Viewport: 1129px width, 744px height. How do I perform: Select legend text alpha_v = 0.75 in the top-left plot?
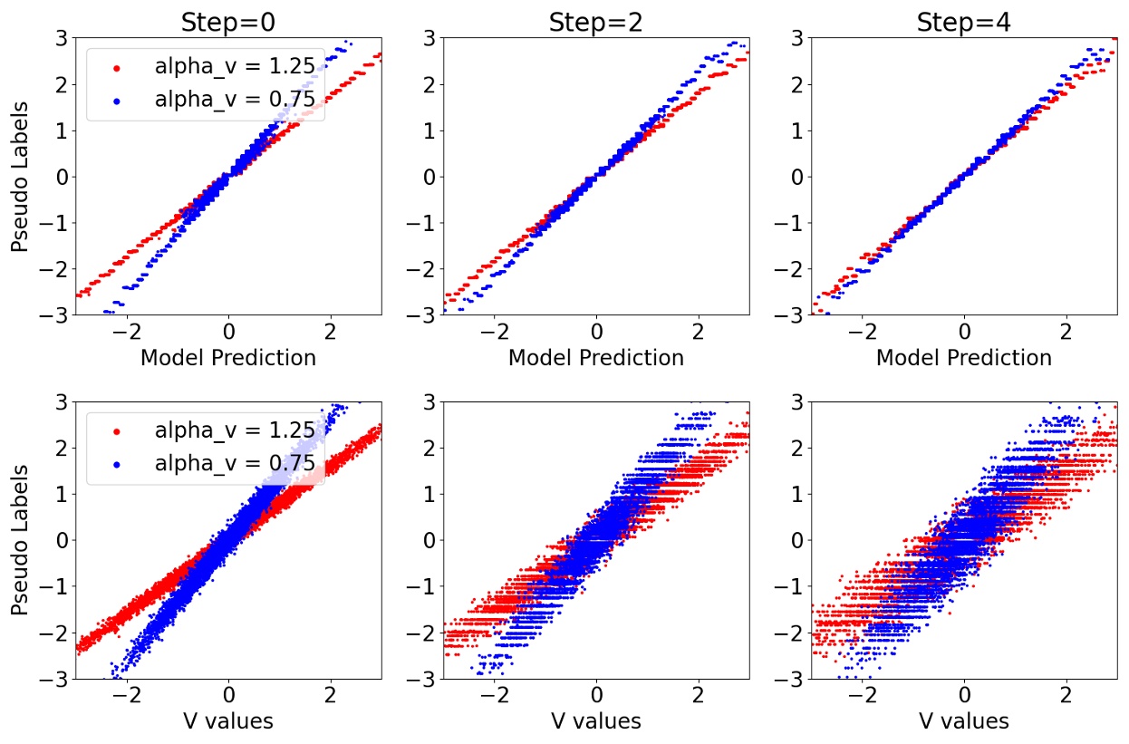234,101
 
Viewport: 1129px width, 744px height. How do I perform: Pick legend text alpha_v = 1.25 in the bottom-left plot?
234,430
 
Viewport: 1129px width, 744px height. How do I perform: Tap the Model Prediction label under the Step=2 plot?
596,358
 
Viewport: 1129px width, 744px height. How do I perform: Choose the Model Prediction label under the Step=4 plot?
964,358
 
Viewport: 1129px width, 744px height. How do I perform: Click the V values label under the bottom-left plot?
228,721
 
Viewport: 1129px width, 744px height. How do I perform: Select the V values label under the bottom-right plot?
964,721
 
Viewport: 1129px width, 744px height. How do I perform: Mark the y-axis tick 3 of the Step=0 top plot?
62,38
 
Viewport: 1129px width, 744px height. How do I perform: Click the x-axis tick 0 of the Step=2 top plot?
596,330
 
